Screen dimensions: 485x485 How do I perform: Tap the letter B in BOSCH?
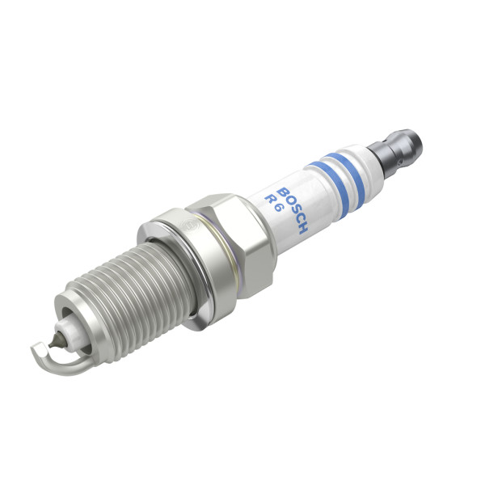pos(282,191)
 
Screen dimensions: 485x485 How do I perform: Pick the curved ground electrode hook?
pos(48,356)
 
